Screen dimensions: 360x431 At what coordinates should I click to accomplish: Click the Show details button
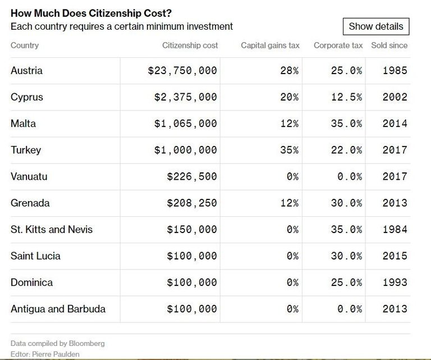pos(376,26)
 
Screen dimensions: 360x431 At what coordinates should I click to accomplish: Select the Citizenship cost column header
pos(190,45)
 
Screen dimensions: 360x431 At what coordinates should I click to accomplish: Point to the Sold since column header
pos(389,45)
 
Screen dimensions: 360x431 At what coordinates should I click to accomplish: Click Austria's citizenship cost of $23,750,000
pos(182,71)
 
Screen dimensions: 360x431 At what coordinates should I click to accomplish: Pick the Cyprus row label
pos(27,97)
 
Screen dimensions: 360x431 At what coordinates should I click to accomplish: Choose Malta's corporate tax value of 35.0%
pos(346,124)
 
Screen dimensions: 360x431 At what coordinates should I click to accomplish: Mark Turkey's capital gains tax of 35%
pos(289,150)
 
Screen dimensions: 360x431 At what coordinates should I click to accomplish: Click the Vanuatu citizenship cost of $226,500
pos(192,176)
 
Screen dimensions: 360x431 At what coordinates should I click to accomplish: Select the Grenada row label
pos(30,203)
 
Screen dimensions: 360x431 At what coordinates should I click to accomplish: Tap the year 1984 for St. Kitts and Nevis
pos(395,230)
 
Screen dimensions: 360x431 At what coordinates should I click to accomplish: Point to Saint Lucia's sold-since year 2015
pos(395,256)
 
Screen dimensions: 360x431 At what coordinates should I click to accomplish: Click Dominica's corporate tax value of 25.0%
pos(346,282)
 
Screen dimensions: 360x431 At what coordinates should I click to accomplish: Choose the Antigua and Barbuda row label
pos(58,309)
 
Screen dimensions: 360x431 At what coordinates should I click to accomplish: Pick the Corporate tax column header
pos(338,45)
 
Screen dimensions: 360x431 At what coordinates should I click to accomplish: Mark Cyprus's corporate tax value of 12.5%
pos(346,97)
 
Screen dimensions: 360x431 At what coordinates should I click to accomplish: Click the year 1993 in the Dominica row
pos(395,282)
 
